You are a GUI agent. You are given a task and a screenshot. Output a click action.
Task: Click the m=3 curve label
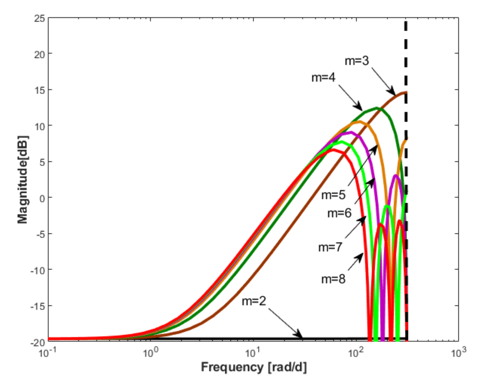tap(356, 61)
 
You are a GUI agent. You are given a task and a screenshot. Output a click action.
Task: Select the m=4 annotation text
tap(323, 77)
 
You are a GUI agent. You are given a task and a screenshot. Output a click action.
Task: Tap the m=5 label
tap(333, 195)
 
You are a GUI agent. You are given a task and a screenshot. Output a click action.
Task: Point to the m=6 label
tap(339, 213)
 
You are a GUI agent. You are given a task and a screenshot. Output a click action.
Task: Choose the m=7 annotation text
tap(330, 247)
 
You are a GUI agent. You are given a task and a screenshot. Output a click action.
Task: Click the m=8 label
tap(333, 279)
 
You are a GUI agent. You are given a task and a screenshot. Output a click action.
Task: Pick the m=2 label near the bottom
tap(254, 301)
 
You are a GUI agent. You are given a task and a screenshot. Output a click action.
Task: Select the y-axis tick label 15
tap(40, 90)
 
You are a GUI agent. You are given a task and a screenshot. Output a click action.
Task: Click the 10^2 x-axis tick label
tap(355, 352)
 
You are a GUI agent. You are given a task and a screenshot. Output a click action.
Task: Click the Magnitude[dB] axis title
tap(23, 180)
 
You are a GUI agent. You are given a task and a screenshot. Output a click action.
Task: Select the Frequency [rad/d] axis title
tap(254, 367)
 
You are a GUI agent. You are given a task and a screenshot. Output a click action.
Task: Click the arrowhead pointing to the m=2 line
tap(299, 335)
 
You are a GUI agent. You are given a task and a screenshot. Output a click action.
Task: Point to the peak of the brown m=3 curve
tap(405, 93)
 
